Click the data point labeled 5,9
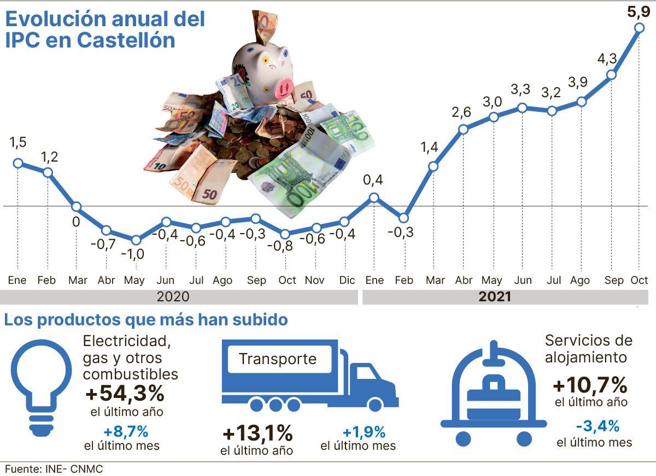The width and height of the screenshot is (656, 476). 639,28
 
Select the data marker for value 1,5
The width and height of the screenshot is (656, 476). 17,163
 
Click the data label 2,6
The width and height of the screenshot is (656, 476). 462,112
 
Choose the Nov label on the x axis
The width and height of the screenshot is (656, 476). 314,281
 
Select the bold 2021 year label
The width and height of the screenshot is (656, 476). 494,297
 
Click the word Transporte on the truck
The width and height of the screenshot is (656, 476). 278,359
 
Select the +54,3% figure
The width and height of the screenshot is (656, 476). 125,392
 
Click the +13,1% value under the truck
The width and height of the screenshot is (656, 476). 257,434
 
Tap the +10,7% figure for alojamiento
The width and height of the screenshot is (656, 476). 589,385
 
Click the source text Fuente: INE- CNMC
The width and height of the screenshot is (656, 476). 54,469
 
